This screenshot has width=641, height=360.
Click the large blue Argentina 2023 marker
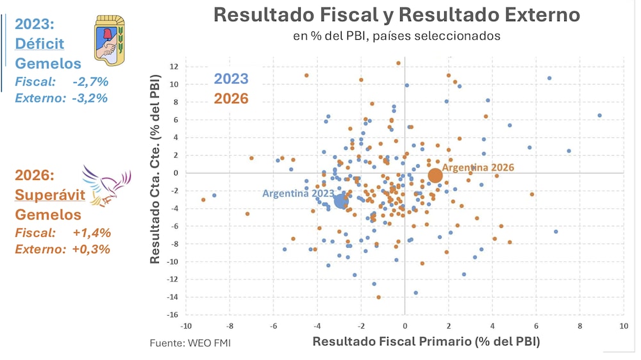pos(341,201)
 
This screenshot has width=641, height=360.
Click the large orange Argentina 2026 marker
pos(435,176)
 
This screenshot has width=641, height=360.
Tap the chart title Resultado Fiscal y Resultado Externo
pos(396,15)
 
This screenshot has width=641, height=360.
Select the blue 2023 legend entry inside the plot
pos(231,79)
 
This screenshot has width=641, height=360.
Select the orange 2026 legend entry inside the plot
pos(231,99)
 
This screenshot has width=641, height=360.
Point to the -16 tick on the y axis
pos(172,315)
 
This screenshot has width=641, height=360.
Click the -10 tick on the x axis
pos(186,326)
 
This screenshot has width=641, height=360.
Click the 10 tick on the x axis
pos(623,326)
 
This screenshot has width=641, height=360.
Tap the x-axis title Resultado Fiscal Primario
pos(426,341)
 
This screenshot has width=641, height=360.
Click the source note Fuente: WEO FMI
pos(190,343)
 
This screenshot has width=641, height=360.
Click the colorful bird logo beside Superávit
pos(106,186)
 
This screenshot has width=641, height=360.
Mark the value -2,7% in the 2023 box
pos(90,82)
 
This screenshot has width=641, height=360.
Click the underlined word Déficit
pos(40,44)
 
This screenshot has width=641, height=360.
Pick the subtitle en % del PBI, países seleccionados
pos(396,36)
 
